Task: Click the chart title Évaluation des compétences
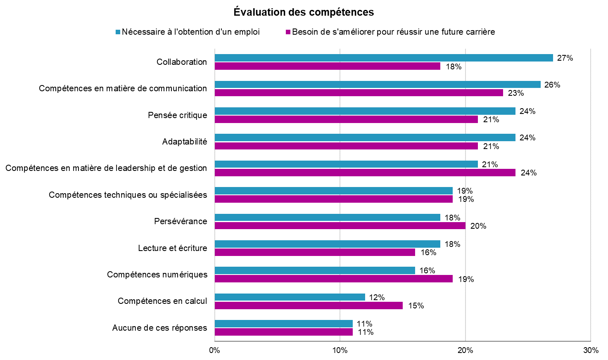pyautogui.click(x=304, y=12)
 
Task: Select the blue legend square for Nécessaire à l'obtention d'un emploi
pyautogui.click(x=118, y=32)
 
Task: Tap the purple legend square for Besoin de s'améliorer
pyautogui.click(x=288, y=32)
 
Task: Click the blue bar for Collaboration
pyautogui.click(x=384, y=58)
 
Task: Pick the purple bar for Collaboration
pyautogui.click(x=328, y=66)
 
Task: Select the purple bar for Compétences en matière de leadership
pyautogui.click(x=365, y=173)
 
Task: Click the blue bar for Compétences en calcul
pyautogui.click(x=290, y=297)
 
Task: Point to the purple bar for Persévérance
pyautogui.click(x=340, y=226)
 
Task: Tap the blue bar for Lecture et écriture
pyautogui.click(x=328, y=244)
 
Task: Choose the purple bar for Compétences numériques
pyautogui.click(x=334, y=279)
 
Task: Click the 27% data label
pyautogui.click(x=565, y=58)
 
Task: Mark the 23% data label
pyautogui.click(x=515, y=93)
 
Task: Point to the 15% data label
pyautogui.click(x=416, y=306)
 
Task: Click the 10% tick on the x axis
pyautogui.click(x=340, y=351)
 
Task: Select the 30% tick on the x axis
pyautogui.click(x=591, y=351)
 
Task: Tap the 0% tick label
pyautogui.click(x=214, y=351)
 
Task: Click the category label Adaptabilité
pyautogui.click(x=185, y=142)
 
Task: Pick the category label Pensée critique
pyautogui.click(x=178, y=115)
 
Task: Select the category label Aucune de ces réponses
pyautogui.click(x=159, y=328)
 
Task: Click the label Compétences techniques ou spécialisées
pyautogui.click(x=128, y=195)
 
